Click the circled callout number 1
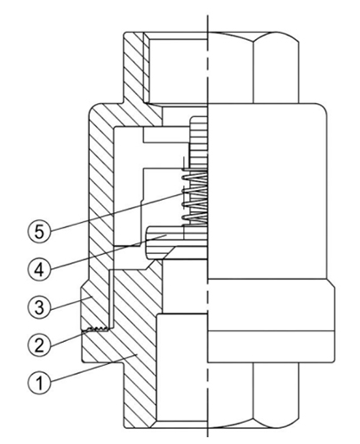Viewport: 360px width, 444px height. (x=39, y=382)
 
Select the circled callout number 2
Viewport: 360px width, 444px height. (x=39, y=345)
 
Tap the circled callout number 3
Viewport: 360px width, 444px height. (x=39, y=307)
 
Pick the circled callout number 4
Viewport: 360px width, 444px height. (x=39, y=269)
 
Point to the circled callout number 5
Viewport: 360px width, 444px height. (x=39, y=232)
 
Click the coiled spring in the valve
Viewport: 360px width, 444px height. (x=195, y=197)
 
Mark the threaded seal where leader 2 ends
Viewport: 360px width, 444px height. (x=96, y=329)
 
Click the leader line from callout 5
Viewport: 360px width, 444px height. (x=116, y=211)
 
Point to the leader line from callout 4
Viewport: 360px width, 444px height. (x=108, y=251)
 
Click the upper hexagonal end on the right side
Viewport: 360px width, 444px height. (x=253, y=67)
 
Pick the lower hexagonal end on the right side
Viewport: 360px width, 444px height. (x=253, y=396)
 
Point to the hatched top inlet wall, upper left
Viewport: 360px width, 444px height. (x=135, y=68)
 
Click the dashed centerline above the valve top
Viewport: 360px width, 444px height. (x=208, y=23)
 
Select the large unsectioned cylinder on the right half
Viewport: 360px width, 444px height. (x=268, y=191)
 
